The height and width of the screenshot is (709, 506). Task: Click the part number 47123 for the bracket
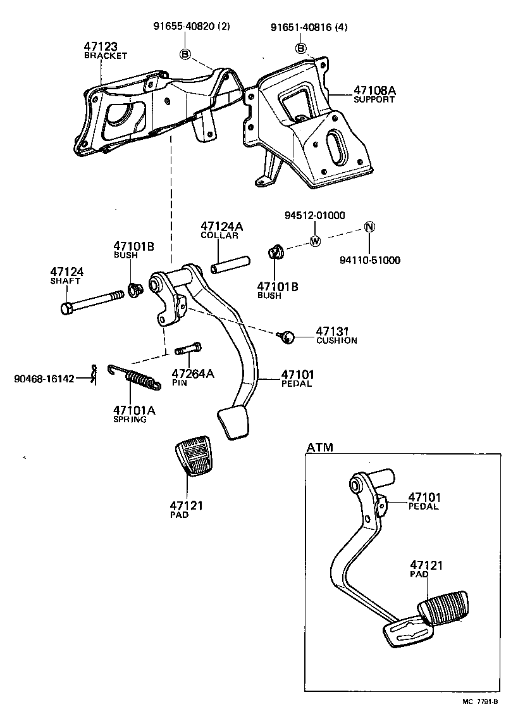[101, 47]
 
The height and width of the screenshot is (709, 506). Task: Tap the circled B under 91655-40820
[185, 54]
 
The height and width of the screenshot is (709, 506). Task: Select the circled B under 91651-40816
[302, 49]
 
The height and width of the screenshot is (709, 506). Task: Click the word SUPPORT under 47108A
[374, 100]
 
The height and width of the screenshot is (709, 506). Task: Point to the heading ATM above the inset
[319, 448]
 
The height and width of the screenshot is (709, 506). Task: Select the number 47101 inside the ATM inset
[424, 498]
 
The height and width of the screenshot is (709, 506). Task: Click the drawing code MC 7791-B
[480, 701]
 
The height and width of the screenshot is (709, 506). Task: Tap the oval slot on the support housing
[335, 149]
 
